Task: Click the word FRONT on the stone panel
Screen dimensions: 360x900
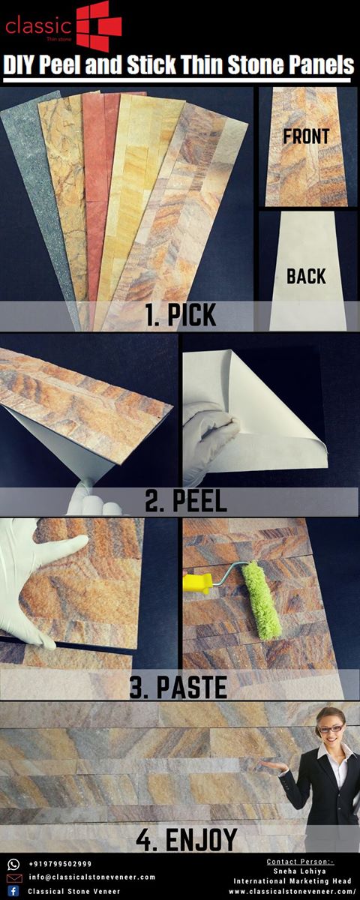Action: click(x=306, y=136)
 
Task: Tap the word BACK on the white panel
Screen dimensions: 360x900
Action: click(x=306, y=277)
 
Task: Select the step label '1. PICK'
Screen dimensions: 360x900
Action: click(x=181, y=315)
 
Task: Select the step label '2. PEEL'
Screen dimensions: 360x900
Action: click(x=186, y=501)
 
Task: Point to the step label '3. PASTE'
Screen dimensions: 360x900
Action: click(x=178, y=687)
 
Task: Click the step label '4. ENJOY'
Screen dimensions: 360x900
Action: click(x=187, y=840)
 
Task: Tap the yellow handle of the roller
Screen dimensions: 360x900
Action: click(x=198, y=583)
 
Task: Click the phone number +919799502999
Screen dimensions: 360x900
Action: click(x=60, y=864)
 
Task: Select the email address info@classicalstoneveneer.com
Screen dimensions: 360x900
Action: click(x=92, y=877)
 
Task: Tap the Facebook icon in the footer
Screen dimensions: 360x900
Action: click(x=13, y=891)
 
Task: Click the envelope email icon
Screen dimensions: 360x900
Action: click(x=14, y=877)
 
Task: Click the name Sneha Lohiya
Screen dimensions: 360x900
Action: click(x=300, y=871)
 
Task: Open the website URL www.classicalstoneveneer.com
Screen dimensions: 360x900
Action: click(x=292, y=891)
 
